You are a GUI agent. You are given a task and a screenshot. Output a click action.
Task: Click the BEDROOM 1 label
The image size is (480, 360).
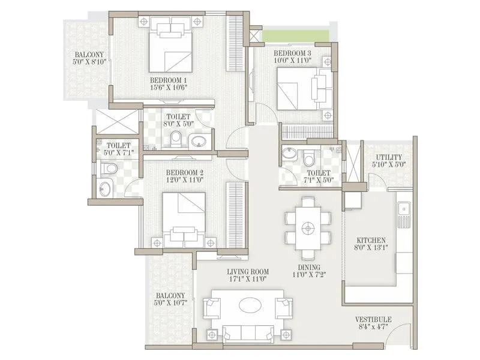click(x=169, y=80)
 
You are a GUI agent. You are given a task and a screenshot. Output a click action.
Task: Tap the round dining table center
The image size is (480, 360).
click(x=308, y=227)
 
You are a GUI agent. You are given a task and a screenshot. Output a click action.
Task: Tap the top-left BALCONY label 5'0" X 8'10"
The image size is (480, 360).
click(x=86, y=57)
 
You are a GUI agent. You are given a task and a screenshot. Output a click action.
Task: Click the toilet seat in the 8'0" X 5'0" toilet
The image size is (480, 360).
click(x=175, y=140)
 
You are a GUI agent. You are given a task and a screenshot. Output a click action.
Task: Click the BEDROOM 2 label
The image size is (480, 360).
click(x=185, y=172)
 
